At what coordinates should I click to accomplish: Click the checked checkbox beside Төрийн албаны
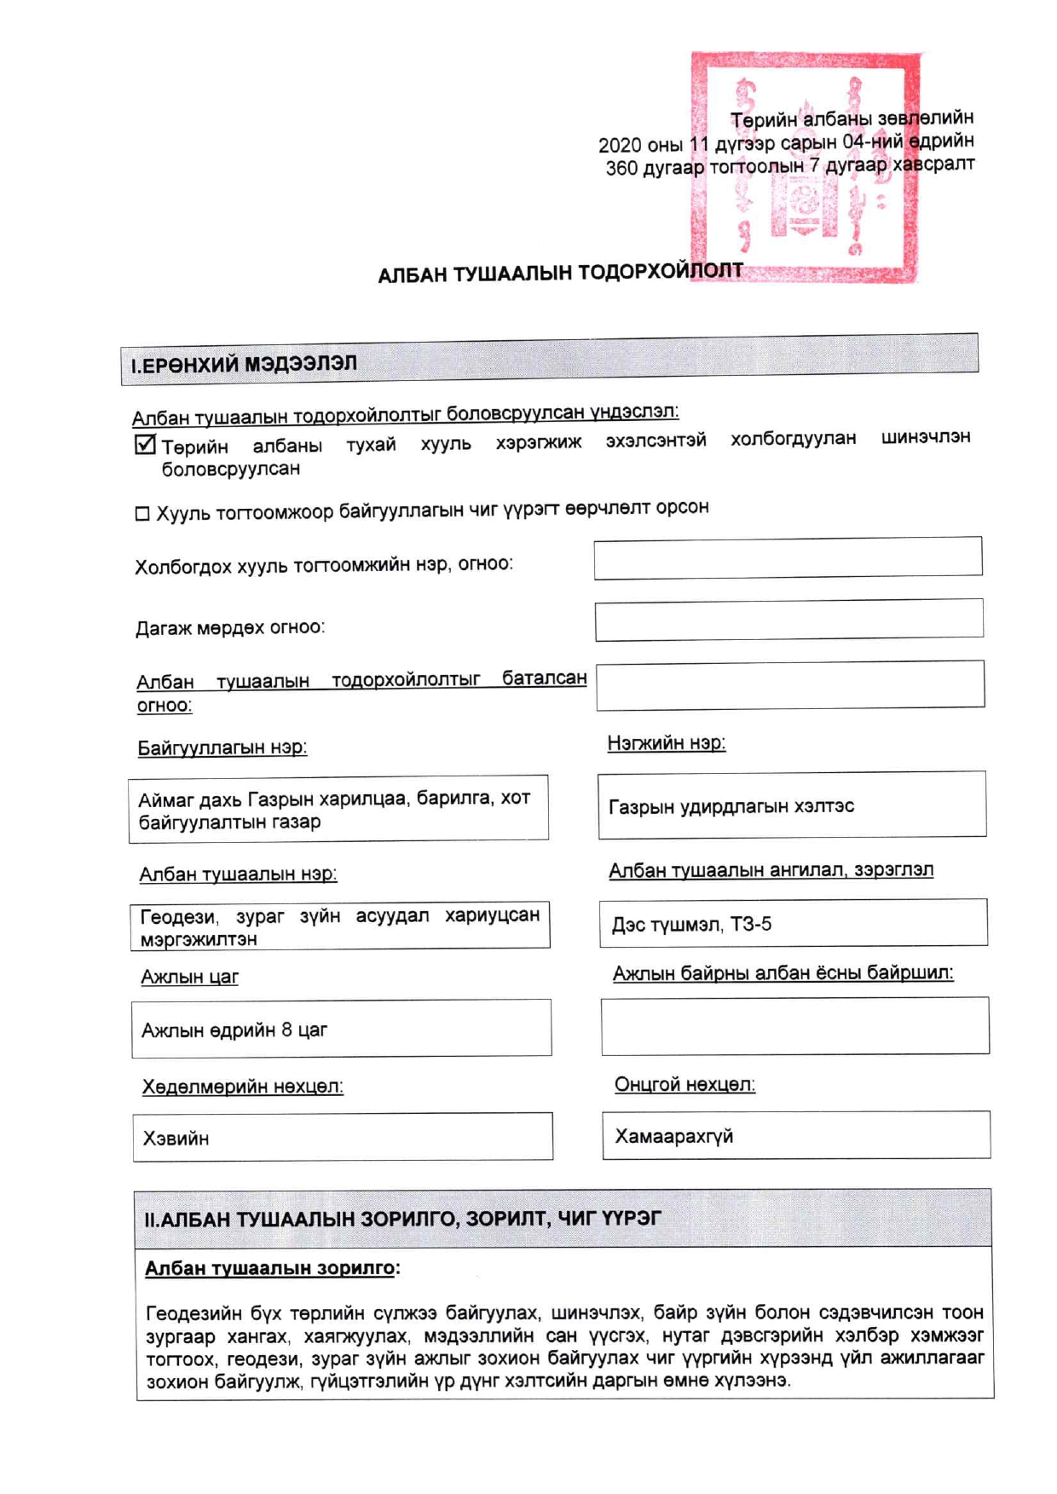pyautogui.click(x=146, y=445)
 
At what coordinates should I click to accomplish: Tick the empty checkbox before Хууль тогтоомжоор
pyautogui.click(x=142, y=514)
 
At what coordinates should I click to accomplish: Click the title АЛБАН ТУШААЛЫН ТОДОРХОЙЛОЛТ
pyautogui.click(x=560, y=274)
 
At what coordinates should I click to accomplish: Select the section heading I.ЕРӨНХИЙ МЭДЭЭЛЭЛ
pyautogui.click(x=244, y=365)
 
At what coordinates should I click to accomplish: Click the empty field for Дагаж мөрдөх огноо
pyautogui.click(x=788, y=620)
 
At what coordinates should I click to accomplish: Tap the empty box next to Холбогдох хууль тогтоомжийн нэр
pyautogui.click(x=788, y=557)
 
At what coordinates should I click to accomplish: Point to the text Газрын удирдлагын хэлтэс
pyautogui.click(x=731, y=806)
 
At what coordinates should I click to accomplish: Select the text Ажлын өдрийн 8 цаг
pyautogui.click(x=234, y=1030)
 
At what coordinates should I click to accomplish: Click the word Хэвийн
pyautogui.click(x=176, y=1139)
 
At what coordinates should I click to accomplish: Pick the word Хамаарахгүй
pyautogui.click(x=673, y=1136)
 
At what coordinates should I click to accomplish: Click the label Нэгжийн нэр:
pyautogui.click(x=666, y=743)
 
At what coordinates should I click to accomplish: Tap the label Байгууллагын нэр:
pyautogui.click(x=222, y=748)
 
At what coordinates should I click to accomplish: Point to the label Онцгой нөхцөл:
pyautogui.click(x=684, y=1085)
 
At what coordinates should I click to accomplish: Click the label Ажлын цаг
pyautogui.click(x=189, y=978)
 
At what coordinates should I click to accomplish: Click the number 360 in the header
pyautogui.click(x=621, y=169)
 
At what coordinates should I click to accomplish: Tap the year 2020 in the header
pyautogui.click(x=619, y=146)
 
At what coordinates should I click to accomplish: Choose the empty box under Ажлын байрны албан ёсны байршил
pyautogui.click(x=794, y=1026)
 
